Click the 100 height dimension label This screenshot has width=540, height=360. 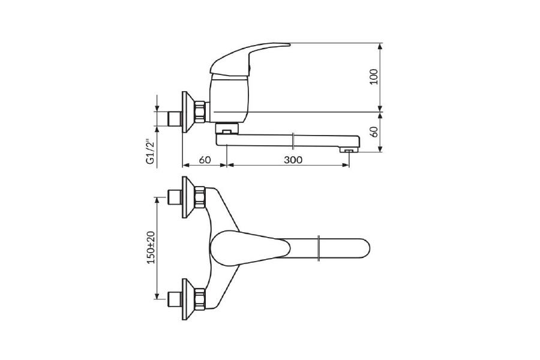[x=374, y=77]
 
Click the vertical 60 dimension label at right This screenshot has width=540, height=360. [x=374, y=132]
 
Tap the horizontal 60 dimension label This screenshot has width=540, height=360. [x=205, y=160]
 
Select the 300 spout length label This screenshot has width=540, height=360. [x=293, y=160]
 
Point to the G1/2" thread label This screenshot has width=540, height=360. [x=149, y=152]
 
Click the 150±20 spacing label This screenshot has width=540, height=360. [x=151, y=247]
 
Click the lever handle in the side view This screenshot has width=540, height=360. [x=249, y=59]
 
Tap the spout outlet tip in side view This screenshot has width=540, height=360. [x=349, y=150]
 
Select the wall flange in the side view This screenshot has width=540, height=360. [x=187, y=112]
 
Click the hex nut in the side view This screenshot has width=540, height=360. [x=200, y=112]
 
